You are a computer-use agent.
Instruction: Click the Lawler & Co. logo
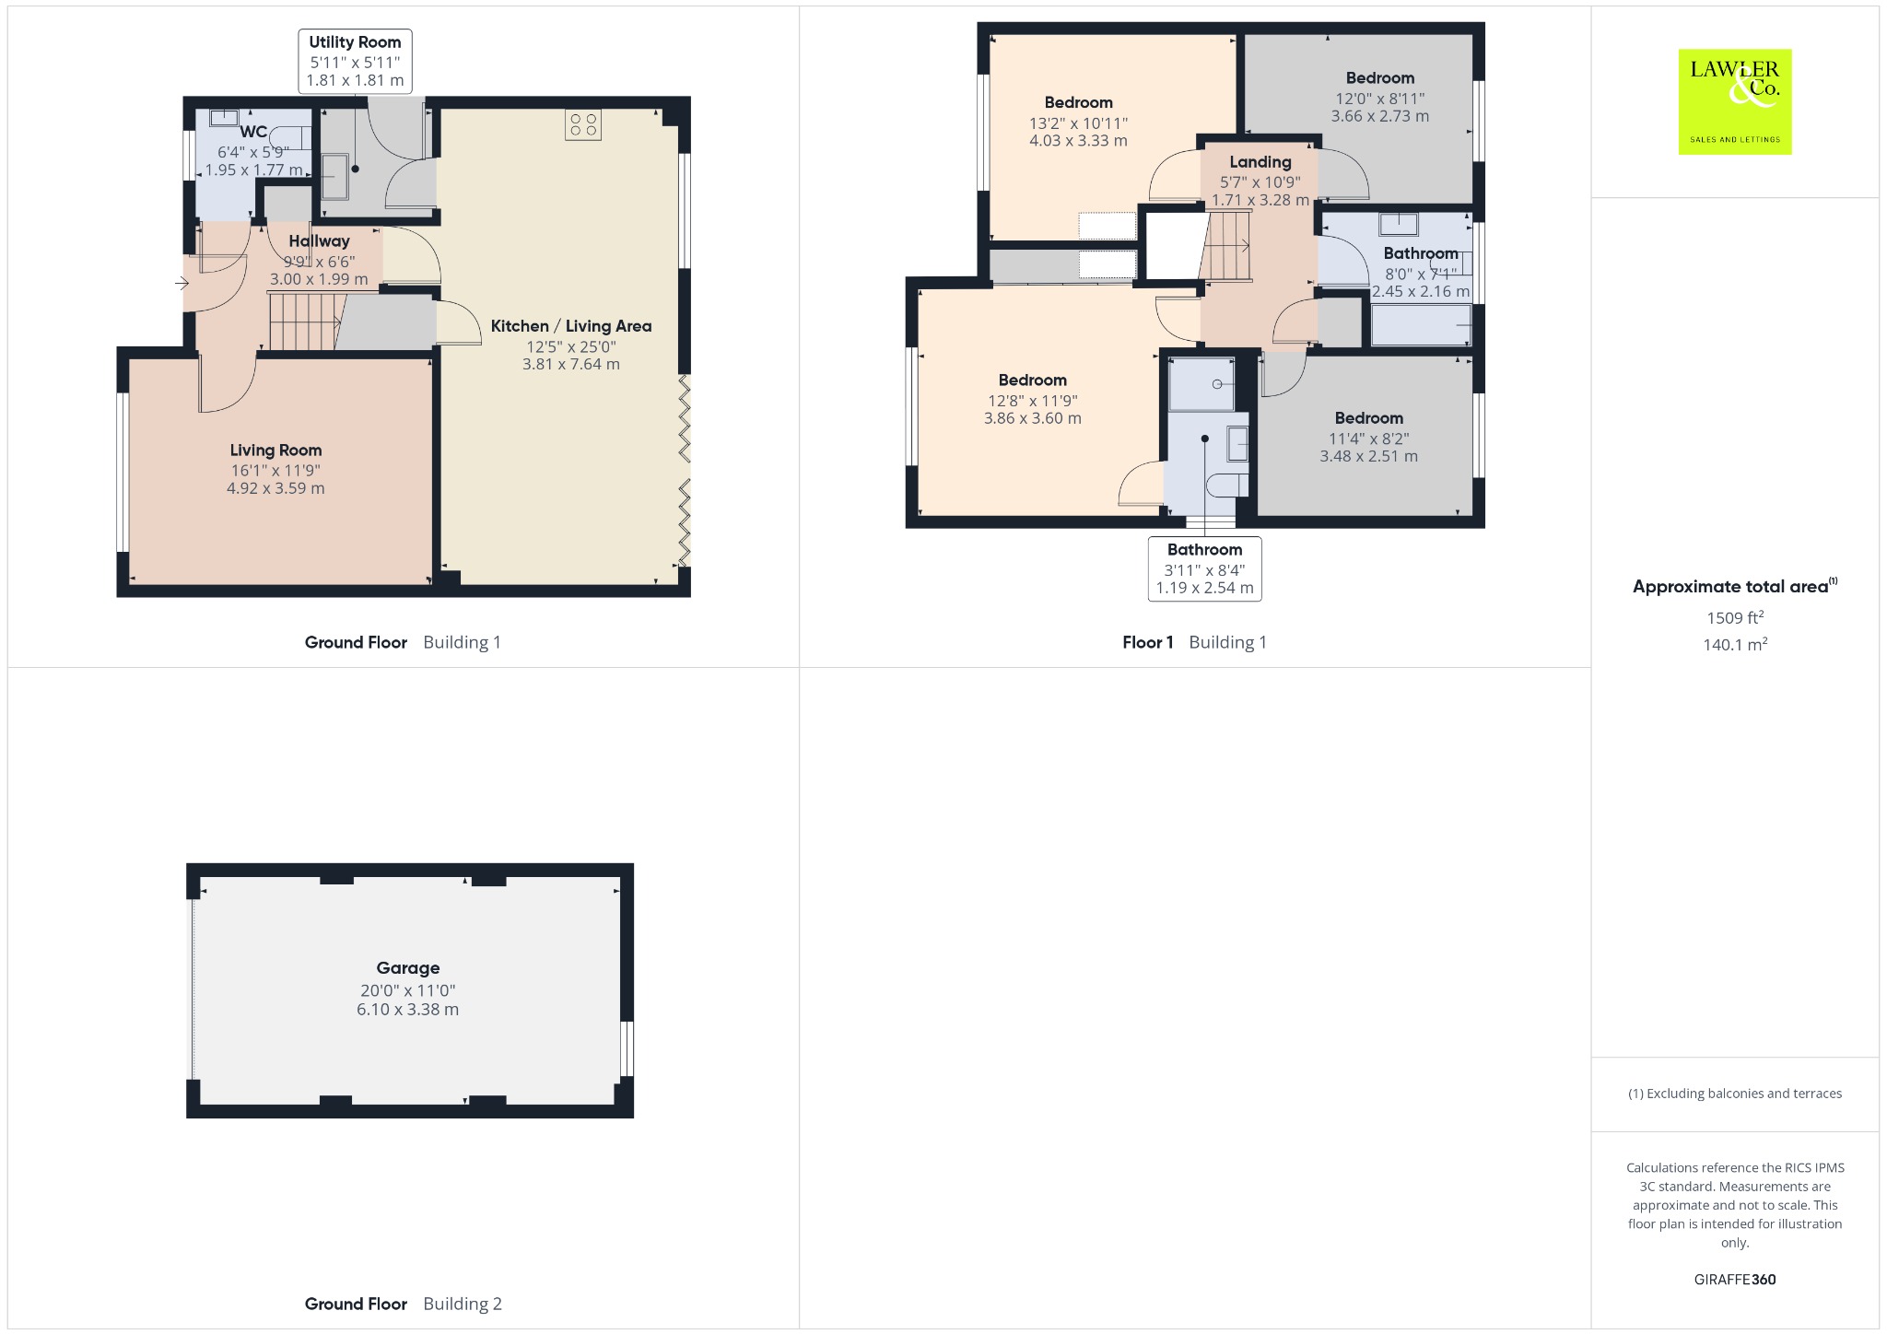(1735, 101)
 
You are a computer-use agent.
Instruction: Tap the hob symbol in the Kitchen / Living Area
(583, 124)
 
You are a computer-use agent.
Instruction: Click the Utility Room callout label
(355, 61)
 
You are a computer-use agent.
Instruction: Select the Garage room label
(407, 968)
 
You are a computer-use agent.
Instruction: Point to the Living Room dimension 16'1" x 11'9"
(275, 470)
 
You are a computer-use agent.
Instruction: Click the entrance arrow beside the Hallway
(182, 283)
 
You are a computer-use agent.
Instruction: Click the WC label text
(253, 132)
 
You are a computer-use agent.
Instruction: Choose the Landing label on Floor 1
(1260, 161)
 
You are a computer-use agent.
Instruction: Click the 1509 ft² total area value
(1735, 617)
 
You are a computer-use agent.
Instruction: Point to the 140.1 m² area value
(1735, 644)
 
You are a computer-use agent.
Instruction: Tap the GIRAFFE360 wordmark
(1735, 1280)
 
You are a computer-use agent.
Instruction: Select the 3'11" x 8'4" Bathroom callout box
(1204, 568)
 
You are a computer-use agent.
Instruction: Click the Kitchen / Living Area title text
(571, 326)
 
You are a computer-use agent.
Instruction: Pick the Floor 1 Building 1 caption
(1194, 642)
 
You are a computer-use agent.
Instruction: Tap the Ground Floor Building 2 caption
(404, 1304)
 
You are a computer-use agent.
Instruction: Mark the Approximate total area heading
(1735, 586)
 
